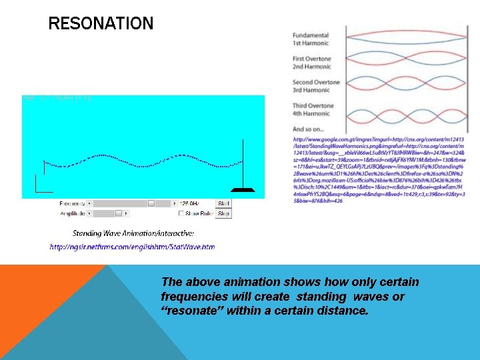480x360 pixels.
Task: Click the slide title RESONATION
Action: tap(101, 25)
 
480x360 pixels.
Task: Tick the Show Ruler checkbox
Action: tap(181, 214)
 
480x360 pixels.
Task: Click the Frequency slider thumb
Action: tap(151, 203)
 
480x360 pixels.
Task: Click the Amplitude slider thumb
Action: tap(119, 214)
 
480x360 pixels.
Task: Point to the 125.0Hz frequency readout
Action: tap(192, 203)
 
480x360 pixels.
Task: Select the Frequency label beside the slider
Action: tap(73, 203)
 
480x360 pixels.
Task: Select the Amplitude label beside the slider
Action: tap(73, 214)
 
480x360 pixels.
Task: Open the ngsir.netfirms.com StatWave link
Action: tap(132, 247)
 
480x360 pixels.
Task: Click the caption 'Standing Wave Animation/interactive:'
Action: tap(133, 233)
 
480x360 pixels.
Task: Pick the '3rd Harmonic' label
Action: tap(311, 90)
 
